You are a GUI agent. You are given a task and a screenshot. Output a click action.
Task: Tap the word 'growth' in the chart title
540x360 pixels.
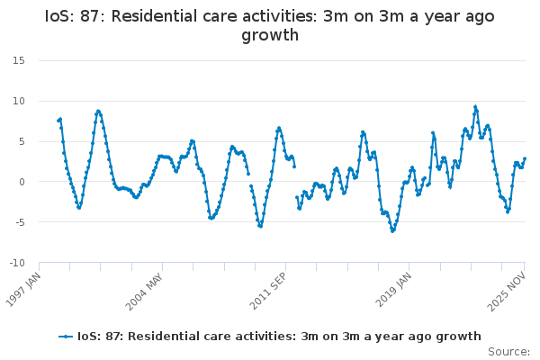(x=270, y=36)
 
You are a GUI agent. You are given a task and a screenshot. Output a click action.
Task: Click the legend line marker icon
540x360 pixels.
(x=66, y=337)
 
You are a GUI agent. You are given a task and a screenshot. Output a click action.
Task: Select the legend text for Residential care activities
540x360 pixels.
(x=279, y=337)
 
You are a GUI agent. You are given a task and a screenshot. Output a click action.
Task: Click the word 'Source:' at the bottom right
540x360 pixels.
(x=508, y=352)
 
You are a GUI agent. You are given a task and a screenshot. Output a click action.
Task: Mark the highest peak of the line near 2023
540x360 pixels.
(x=475, y=106)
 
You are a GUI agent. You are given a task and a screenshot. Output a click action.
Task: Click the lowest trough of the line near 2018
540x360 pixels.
(x=392, y=231)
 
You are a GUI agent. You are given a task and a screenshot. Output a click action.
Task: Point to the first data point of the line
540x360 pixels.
(x=58, y=121)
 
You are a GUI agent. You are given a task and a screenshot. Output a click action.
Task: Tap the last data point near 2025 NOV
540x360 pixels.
(x=525, y=159)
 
